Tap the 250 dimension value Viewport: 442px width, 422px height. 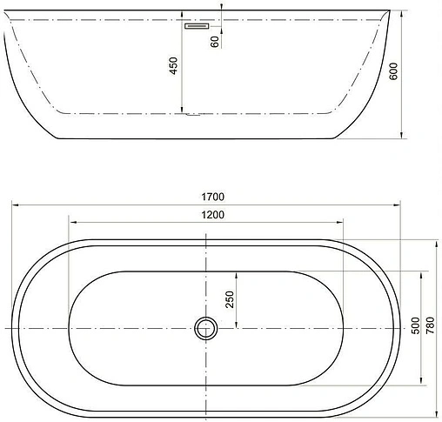pos(230,298)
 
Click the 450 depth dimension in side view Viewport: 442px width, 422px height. pos(173,65)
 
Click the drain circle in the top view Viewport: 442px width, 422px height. pos(206,328)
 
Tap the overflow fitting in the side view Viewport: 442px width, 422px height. pos(195,26)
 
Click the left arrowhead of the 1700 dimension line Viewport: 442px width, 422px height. pos(15,204)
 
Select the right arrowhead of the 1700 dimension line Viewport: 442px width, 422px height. pos(398,204)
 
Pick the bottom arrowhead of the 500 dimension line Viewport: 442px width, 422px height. pos(423,384)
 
